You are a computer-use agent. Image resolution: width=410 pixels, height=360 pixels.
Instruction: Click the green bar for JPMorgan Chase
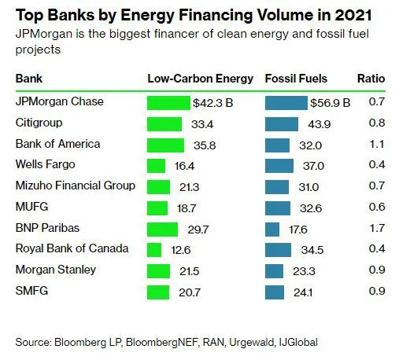point(168,103)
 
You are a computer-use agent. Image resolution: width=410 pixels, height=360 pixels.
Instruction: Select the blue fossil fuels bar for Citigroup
point(282,124)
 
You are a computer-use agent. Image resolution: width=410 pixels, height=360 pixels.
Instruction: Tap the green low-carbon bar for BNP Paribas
point(162,230)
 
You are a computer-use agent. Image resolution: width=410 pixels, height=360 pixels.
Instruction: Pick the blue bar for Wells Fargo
point(279,166)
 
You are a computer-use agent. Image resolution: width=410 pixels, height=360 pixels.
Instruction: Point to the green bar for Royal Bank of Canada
point(154,250)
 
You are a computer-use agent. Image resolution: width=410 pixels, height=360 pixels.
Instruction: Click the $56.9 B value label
point(331,103)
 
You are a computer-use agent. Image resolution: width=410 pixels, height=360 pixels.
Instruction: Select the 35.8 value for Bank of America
point(205,145)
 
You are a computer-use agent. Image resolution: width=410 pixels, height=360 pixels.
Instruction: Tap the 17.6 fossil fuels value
point(298,230)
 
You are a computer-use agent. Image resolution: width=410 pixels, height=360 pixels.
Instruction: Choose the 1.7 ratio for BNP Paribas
point(377,228)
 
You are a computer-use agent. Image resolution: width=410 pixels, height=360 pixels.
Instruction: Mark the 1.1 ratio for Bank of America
point(377,144)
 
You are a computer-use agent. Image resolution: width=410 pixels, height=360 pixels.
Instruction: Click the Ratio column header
point(371,79)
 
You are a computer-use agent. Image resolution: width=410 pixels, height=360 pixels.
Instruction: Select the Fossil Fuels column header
point(296,79)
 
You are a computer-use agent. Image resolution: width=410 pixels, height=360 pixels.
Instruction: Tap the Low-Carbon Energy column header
point(201,79)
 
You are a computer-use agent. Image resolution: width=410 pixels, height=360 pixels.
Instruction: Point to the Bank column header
point(29,79)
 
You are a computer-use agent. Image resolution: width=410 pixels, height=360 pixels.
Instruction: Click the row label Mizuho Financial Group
point(76,186)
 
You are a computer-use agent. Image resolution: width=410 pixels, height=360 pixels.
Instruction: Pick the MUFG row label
point(32,207)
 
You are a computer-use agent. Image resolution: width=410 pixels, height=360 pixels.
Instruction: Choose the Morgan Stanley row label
point(56,270)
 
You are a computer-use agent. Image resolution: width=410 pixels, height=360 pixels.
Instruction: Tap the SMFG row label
point(31,291)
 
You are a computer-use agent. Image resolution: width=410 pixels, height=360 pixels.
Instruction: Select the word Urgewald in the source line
point(252,343)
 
